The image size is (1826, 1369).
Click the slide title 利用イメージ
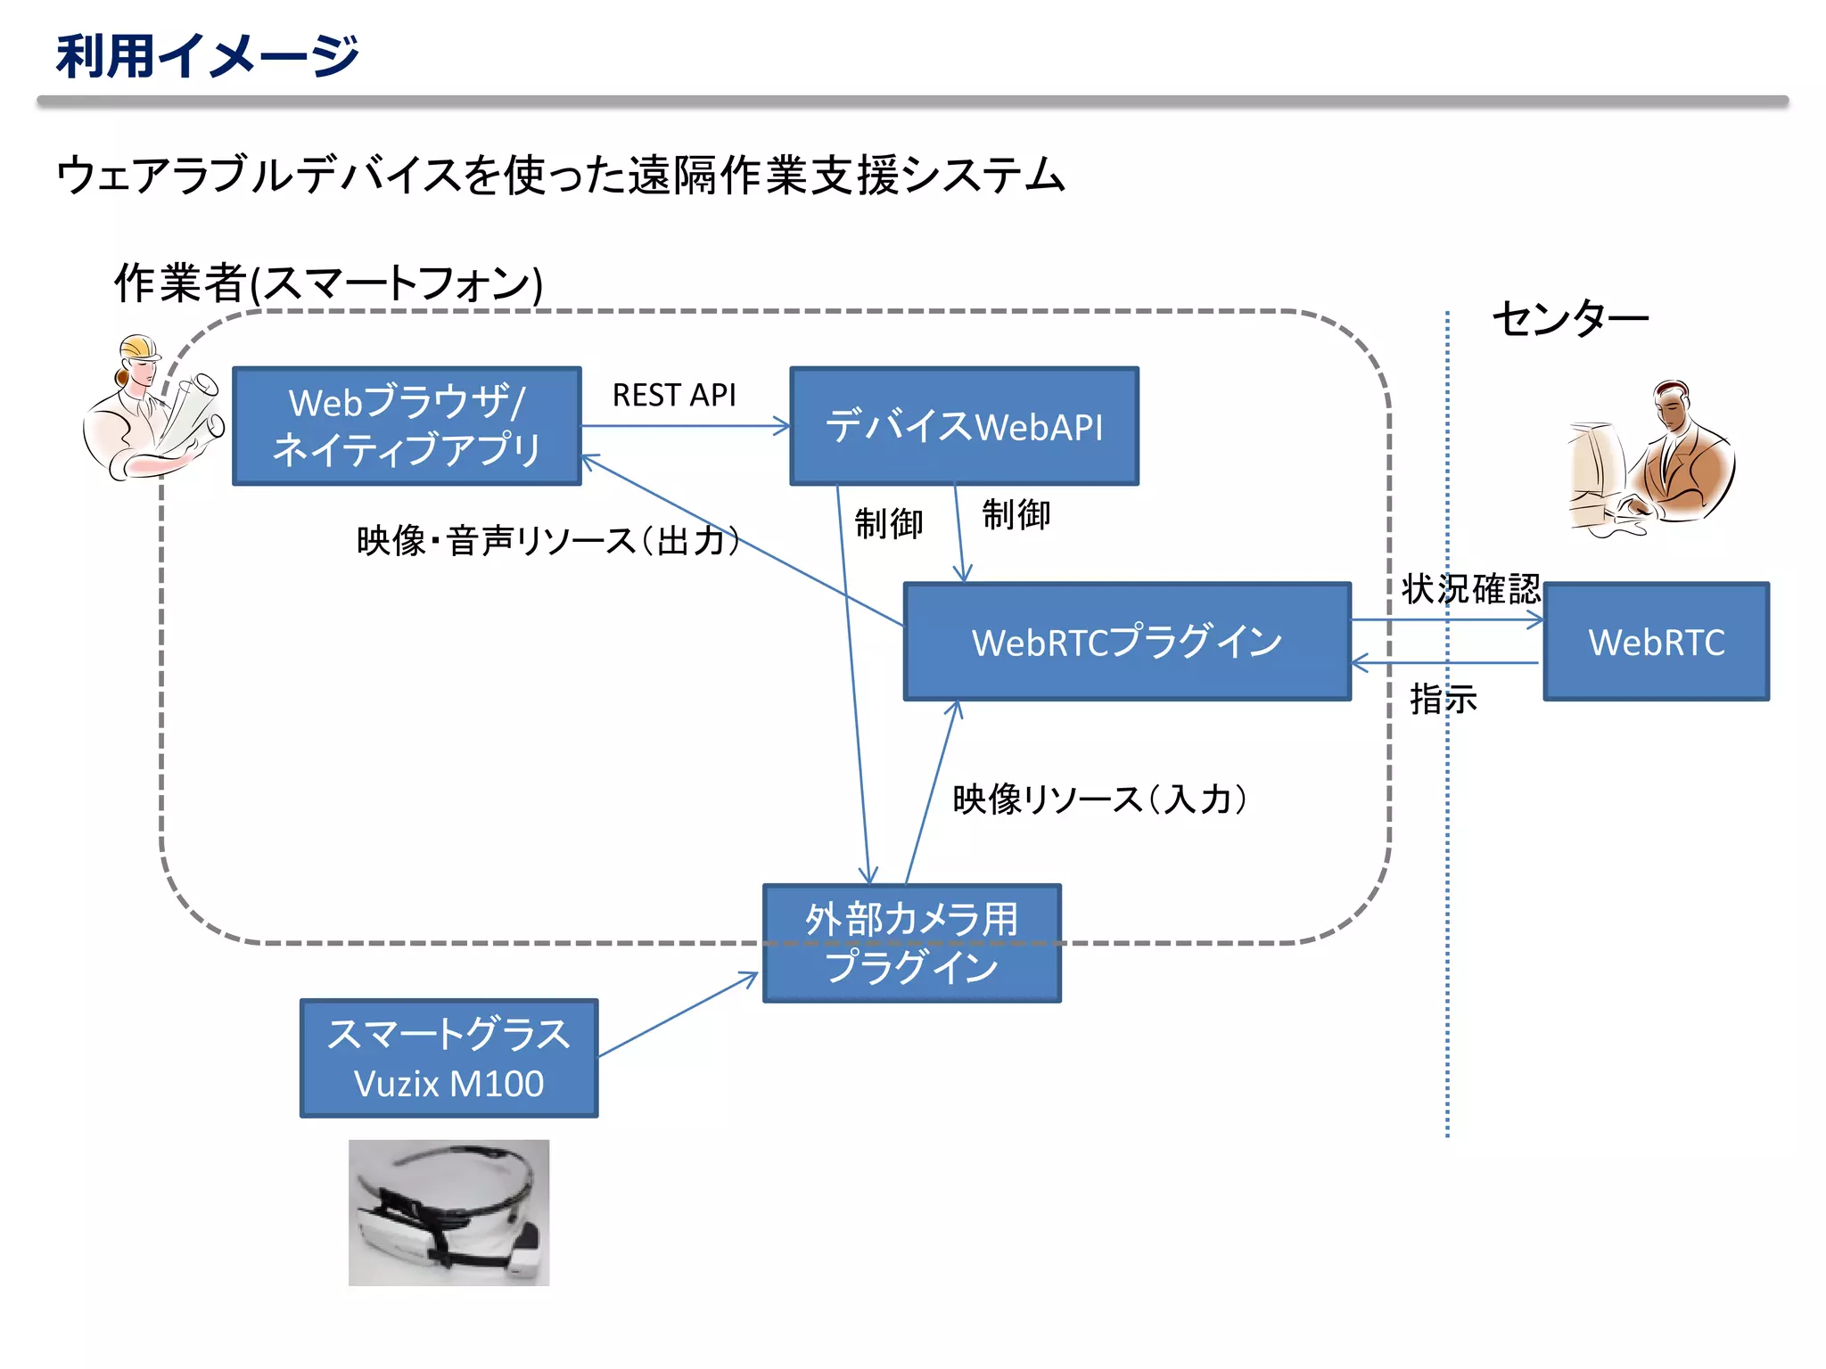207,55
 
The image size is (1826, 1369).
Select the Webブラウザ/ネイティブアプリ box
407,426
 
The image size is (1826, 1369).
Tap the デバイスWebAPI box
964,426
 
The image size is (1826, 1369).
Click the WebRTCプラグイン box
1127,642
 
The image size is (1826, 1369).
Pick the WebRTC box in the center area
1656,642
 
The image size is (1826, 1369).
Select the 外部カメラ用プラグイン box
911,943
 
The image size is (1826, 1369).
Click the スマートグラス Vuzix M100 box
448,1058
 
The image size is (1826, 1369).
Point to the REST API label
674,395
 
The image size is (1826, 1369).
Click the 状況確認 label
1470,589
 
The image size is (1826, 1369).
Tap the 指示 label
1443,699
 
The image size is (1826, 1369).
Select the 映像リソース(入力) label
1098,799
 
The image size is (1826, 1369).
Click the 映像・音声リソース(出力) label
547,541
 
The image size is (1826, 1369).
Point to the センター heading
1569,318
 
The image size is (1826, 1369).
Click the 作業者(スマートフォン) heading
328,283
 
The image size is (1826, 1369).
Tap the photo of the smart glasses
448,1212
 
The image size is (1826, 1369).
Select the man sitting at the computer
1649,459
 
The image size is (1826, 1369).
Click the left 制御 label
888,523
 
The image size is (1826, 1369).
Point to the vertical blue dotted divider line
1447,891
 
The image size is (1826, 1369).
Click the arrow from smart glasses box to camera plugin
678,1015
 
